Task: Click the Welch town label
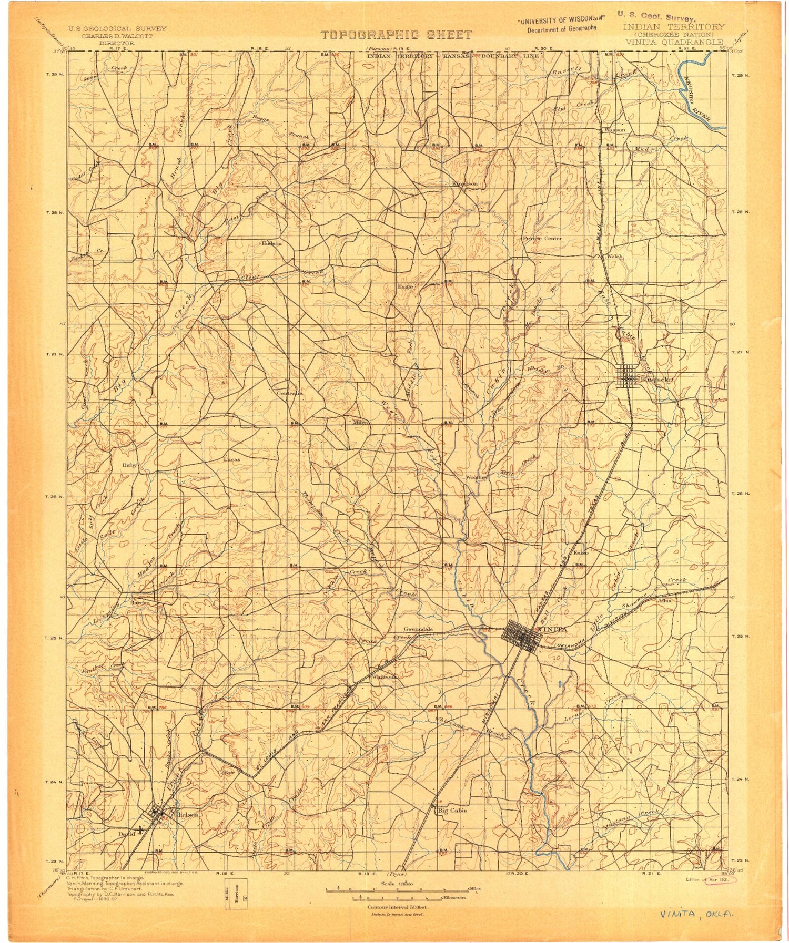pos(614,257)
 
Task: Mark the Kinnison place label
pos(465,184)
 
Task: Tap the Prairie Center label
pos(542,238)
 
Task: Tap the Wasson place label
pos(615,129)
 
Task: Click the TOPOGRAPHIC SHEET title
pos(396,35)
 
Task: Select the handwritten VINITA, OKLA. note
pos(697,914)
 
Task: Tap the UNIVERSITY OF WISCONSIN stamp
pos(561,22)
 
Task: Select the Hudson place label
pos(271,244)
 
